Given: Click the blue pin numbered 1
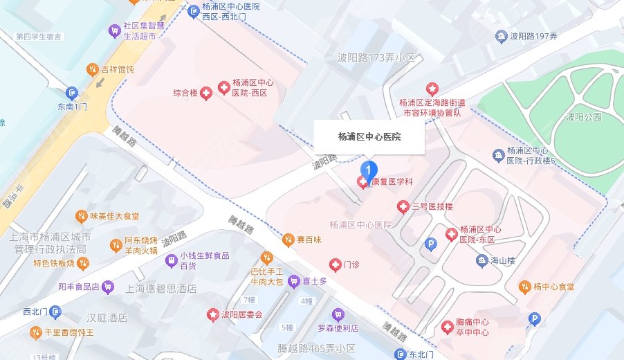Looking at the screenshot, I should click(x=370, y=168).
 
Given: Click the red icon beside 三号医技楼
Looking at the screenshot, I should click(x=403, y=206).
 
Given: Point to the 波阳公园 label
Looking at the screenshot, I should click(x=583, y=117).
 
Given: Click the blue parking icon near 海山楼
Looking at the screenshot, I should click(x=430, y=244).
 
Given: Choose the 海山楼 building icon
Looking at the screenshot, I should click(x=482, y=260).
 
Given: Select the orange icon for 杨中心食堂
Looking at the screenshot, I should click(x=523, y=287).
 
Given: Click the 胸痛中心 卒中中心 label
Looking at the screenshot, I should click(x=472, y=327).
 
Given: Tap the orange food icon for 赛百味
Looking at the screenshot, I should click(x=288, y=240).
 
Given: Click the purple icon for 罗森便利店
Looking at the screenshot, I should click(x=338, y=314).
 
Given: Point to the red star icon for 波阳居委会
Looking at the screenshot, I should click(x=213, y=314).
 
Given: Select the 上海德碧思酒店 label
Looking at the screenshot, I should click(x=157, y=289).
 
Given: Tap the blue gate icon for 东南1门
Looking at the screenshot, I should click(x=72, y=93).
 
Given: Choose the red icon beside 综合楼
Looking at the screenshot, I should click(x=205, y=92).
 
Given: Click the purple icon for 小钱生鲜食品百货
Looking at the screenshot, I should click(x=170, y=260).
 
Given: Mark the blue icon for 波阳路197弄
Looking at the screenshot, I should click(x=501, y=36).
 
